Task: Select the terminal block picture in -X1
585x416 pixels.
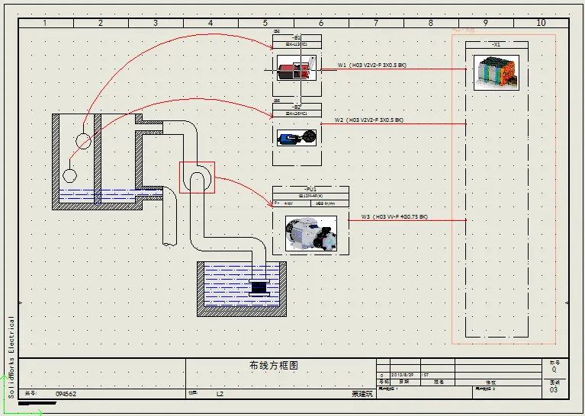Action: click(x=497, y=72)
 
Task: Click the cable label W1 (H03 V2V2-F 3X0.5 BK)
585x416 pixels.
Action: click(x=372, y=66)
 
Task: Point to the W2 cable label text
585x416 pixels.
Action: click(x=369, y=120)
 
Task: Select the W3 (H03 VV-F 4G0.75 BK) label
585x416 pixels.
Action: click(x=394, y=217)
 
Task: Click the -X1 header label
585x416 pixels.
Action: click(x=497, y=45)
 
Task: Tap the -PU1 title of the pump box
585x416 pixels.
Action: click(x=310, y=189)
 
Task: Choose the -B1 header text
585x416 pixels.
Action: click(x=297, y=38)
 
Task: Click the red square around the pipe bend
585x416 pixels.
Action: click(x=197, y=178)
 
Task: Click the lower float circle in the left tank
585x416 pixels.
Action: click(x=69, y=175)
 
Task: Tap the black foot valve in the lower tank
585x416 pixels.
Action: click(x=260, y=287)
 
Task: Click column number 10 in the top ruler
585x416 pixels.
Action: click(x=542, y=23)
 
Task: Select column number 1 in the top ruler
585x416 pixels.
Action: click(x=45, y=23)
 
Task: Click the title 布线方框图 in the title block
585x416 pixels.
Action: click(x=274, y=366)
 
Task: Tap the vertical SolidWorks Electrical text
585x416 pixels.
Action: click(x=11, y=357)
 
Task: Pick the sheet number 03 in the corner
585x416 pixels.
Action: click(x=554, y=389)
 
